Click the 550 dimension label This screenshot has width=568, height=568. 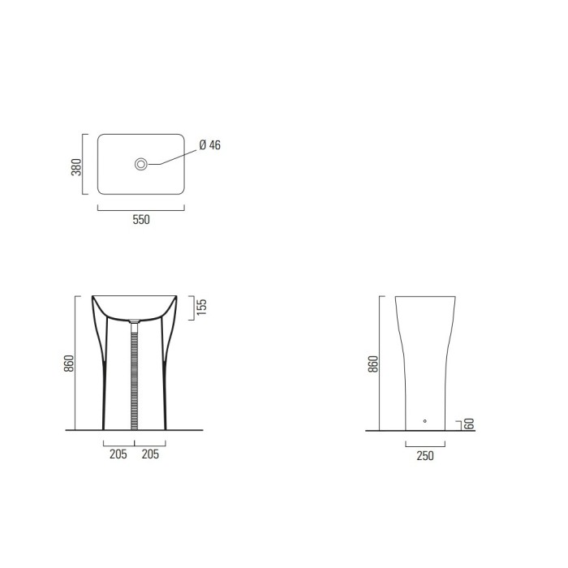141,218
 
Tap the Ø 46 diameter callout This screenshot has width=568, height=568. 210,146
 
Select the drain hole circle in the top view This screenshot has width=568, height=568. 141,165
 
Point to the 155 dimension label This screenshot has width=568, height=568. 203,308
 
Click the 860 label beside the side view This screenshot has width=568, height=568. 372,364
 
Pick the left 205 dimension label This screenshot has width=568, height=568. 118,455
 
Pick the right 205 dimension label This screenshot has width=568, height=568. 149,455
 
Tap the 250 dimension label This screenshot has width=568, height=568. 425,456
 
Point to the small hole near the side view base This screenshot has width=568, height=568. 424,421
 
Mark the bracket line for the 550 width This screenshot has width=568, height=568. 141,208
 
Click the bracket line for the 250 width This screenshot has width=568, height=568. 424,445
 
